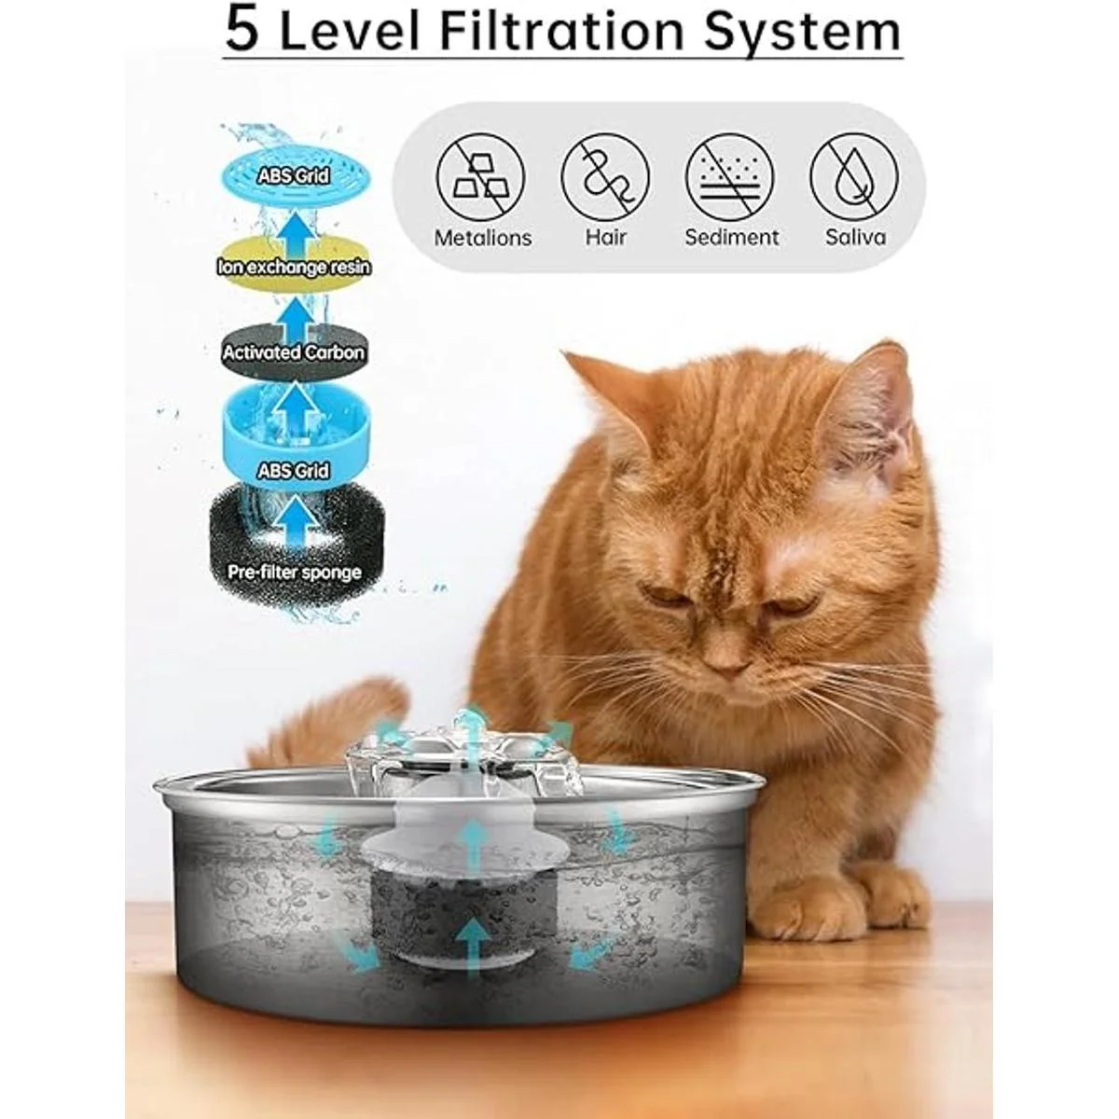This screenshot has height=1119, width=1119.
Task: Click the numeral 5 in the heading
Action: point(241,31)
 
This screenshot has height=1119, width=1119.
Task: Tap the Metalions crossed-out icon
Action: point(482,176)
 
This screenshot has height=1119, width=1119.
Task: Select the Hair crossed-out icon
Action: point(606,176)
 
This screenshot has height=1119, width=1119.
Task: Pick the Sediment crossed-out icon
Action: point(730,176)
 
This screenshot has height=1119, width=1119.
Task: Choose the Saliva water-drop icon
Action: point(854,176)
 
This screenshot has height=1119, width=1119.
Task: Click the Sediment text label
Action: point(731,237)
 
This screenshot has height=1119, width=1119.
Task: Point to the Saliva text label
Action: point(854,237)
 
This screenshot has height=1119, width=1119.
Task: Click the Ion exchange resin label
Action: point(294,268)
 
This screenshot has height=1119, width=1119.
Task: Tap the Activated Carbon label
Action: point(294,353)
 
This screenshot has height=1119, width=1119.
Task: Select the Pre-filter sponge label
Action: point(294,571)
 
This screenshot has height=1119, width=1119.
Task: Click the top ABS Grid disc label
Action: point(294,175)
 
